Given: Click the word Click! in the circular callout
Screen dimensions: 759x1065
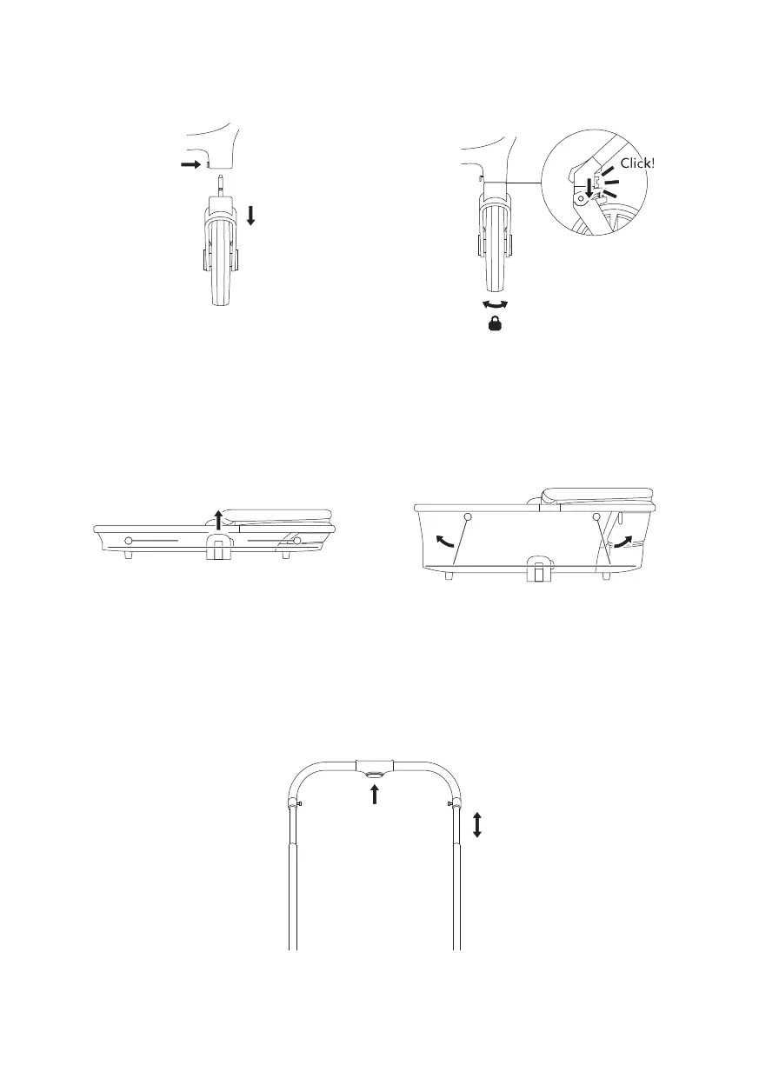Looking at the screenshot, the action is (638, 163).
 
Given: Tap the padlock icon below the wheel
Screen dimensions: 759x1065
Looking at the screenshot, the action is (494, 324).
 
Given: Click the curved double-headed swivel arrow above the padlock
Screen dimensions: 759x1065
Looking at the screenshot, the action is (495, 304).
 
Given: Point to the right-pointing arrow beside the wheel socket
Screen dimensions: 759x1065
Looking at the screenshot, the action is (191, 164).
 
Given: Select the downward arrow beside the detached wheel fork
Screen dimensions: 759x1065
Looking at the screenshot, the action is (251, 216).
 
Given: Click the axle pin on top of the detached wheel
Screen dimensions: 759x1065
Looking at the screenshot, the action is (220, 186).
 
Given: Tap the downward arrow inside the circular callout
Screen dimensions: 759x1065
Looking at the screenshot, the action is (589, 187).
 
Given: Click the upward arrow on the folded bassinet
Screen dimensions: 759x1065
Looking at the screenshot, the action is (218, 519).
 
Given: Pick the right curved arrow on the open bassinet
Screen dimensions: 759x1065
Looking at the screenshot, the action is (623, 542).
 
